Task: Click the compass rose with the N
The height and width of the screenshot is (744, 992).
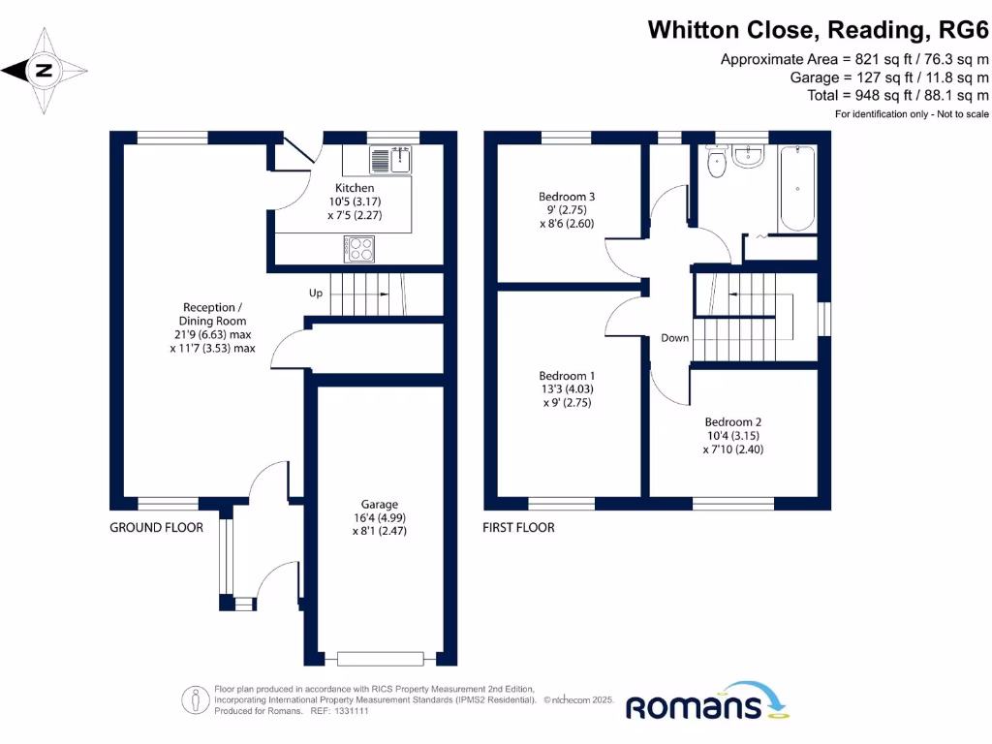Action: tap(45, 70)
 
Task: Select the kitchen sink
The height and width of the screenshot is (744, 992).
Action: tap(390, 159)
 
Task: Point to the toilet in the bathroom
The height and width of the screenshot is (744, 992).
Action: tap(717, 163)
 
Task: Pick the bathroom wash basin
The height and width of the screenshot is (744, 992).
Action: tap(748, 156)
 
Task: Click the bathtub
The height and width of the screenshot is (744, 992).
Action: tap(797, 187)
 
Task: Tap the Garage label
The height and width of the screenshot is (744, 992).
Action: tap(380, 505)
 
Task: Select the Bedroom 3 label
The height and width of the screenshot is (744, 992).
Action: tap(567, 197)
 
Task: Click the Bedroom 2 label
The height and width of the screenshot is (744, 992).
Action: tap(733, 422)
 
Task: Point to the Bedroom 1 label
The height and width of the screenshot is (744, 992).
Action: tap(567, 376)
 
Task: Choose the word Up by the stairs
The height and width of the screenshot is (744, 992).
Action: tap(316, 293)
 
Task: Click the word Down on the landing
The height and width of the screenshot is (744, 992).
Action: tap(675, 338)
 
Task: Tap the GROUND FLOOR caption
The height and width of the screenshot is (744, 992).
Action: tap(156, 528)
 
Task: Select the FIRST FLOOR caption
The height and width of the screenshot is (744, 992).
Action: tap(519, 528)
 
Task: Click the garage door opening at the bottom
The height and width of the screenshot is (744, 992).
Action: tap(380, 659)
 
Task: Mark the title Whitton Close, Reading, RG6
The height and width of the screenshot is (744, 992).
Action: tap(818, 30)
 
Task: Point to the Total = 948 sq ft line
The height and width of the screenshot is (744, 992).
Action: tap(897, 95)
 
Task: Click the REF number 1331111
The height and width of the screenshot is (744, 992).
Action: tap(350, 710)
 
